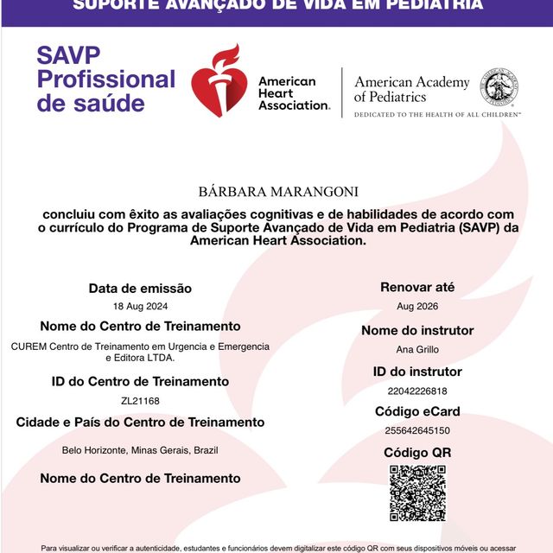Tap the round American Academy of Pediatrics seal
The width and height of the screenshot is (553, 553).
[x=499, y=87]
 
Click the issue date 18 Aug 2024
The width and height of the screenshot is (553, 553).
[x=140, y=307]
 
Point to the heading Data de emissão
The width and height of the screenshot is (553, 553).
[x=140, y=289]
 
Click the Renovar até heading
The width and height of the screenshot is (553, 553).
[x=417, y=287]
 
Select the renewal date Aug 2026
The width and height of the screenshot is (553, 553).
[x=417, y=307]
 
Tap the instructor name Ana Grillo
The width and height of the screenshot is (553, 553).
[x=417, y=349]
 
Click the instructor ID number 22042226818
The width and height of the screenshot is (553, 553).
[x=417, y=390]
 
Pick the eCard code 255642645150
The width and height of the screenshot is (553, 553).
[x=417, y=430]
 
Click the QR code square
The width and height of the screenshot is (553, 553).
[x=417, y=493]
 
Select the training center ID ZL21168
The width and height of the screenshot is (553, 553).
[x=140, y=400]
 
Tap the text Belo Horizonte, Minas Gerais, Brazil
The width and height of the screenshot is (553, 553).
[x=140, y=450]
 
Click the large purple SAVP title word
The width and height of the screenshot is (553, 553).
[x=68, y=56]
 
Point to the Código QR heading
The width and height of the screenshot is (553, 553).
[x=417, y=452]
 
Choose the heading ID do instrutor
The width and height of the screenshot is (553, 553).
[x=417, y=372]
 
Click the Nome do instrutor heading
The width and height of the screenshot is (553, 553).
[x=417, y=330]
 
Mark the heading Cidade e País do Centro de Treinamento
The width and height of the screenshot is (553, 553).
[x=140, y=423]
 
